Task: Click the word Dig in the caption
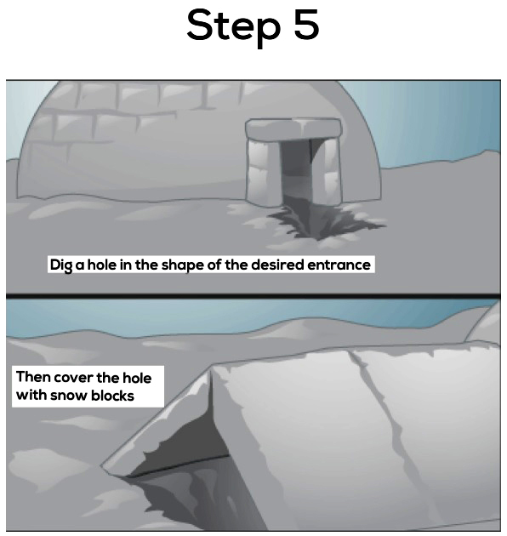[x=61, y=265]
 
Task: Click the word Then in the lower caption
[x=33, y=377]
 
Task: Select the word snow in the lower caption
[x=68, y=396]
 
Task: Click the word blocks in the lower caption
[x=112, y=395]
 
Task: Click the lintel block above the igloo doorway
[x=293, y=128]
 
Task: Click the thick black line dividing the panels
[x=253, y=296]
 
